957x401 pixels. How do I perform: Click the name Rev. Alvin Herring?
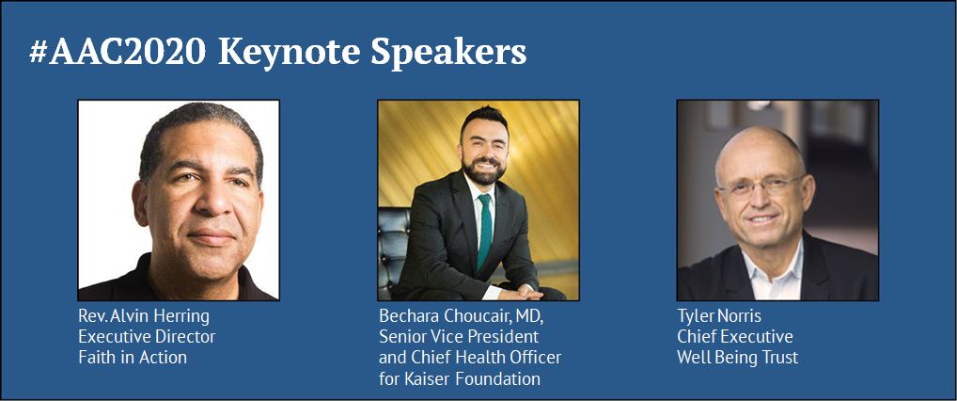tap(144, 316)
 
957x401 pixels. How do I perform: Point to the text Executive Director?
tap(147, 337)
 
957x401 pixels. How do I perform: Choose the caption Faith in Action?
tap(133, 357)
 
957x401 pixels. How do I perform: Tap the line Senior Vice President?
tap(459, 337)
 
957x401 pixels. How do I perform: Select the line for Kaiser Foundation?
tap(460, 378)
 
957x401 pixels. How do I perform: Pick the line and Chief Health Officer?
tap(469, 358)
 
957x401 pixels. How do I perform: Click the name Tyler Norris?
tap(719, 316)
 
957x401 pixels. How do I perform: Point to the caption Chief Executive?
tap(735, 337)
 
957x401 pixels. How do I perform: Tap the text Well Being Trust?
tap(737, 358)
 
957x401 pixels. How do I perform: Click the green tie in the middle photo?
tap(484, 233)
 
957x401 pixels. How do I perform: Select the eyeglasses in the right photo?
tap(761, 185)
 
